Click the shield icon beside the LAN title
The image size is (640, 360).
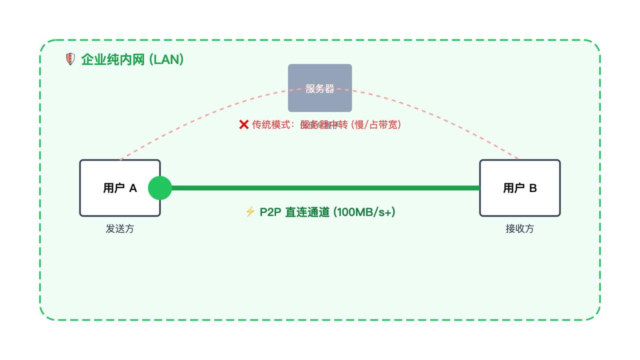click(x=70, y=59)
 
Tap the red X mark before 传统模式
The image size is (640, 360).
click(x=244, y=124)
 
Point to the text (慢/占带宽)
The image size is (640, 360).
click(x=376, y=124)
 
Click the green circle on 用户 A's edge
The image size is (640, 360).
click(x=160, y=188)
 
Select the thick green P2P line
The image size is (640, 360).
click(x=325, y=188)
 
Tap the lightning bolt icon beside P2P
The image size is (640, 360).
click(x=250, y=211)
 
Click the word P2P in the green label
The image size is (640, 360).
click(x=270, y=212)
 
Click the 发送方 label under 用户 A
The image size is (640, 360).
click(x=120, y=228)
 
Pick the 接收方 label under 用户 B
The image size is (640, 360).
click(x=520, y=228)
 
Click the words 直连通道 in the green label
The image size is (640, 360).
click(x=307, y=212)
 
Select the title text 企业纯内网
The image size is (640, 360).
click(x=113, y=59)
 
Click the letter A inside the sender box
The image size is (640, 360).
click(x=133, y=188)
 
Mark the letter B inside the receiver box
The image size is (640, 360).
click(x=533, y=188)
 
